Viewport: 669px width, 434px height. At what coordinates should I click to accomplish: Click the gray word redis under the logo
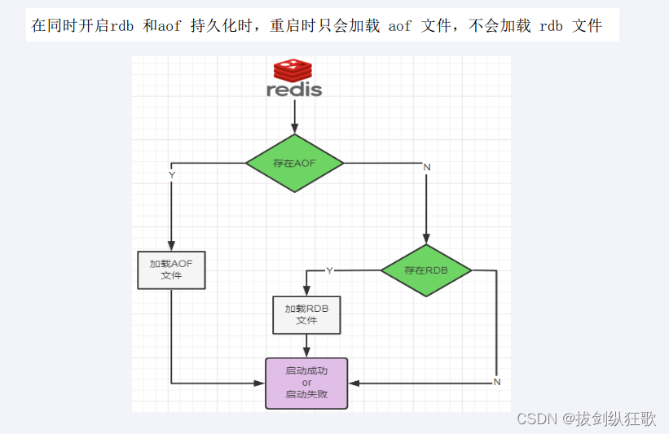(x=294, y=90)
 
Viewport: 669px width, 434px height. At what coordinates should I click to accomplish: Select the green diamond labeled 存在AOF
(x=294, y=163)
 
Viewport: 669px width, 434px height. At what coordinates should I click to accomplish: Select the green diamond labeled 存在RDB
(x=425, y=270)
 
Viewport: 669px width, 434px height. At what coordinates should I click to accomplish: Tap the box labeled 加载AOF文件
(x=171, y=270)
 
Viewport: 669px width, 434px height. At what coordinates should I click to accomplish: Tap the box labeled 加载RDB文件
(x=306, y=314)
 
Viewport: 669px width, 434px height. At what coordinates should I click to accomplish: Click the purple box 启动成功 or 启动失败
(x=306, y=383)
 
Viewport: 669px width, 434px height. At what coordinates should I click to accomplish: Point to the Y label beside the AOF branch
(x=171, y=175)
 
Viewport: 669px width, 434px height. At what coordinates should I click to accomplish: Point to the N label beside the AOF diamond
(x=426, y=167)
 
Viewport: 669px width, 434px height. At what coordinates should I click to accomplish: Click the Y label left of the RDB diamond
(x=329, y=270)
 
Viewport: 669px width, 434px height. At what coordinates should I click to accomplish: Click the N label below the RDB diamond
(x=496, y=382)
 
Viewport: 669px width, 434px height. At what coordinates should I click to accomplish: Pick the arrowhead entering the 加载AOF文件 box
(x=171, y=247)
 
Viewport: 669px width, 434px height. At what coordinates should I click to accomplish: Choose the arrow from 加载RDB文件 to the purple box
(x=306, y=345)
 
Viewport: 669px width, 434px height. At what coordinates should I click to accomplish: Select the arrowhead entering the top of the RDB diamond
(x=425, y=239)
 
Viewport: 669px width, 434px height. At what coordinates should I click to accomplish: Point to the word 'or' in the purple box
(x=306, y=383)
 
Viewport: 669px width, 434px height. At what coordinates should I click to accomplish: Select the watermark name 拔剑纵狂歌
(x=615, y=419)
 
